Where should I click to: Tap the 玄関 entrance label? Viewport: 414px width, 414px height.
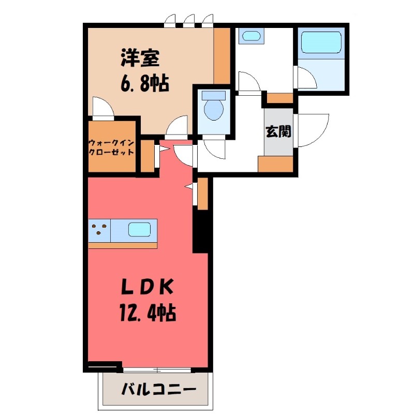pos(278,131)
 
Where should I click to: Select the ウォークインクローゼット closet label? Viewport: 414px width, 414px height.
pos(112,147)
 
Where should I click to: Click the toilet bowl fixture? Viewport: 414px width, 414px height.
pos(213,108)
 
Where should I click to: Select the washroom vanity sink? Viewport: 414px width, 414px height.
pos(251,36)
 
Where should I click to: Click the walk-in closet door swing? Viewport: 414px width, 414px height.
pos(101,107)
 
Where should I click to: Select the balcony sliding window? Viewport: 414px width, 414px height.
pos(157,369)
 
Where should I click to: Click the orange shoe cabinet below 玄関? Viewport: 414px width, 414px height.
pos(276,164)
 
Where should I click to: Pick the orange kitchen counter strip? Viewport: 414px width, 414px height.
pos(122,245)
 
